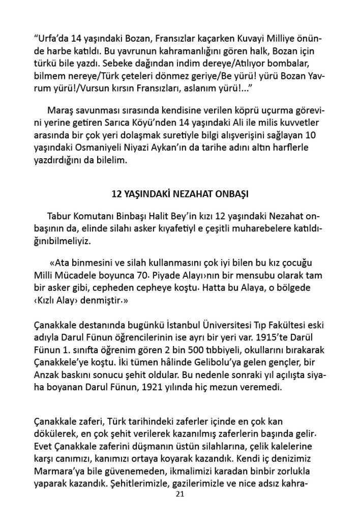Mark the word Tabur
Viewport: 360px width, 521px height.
point(59,216)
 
